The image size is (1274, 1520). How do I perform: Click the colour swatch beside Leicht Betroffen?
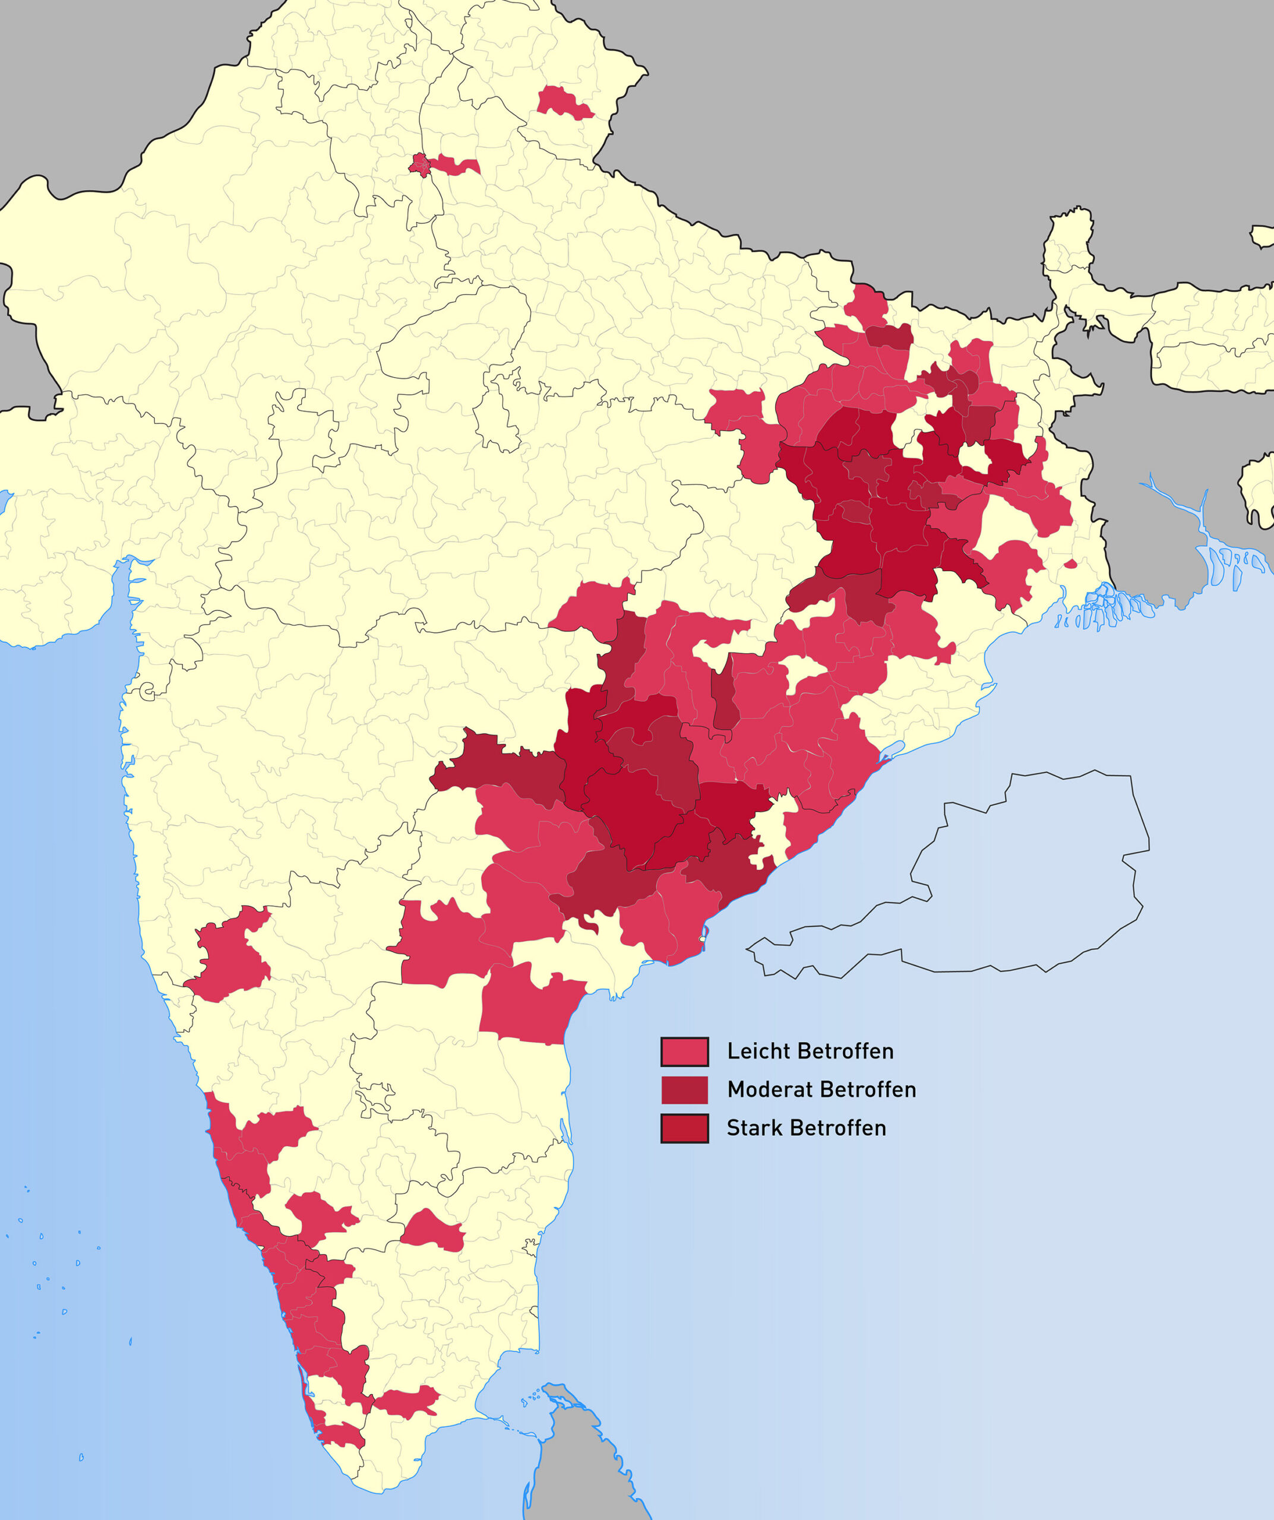[x=684, y=1052]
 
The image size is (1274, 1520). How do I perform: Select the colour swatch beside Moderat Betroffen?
[x=684, y=1090]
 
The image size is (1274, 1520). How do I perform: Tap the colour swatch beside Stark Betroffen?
[x=684, y=1128]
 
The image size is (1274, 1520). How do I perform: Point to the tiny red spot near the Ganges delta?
[x=1070, y=564]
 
